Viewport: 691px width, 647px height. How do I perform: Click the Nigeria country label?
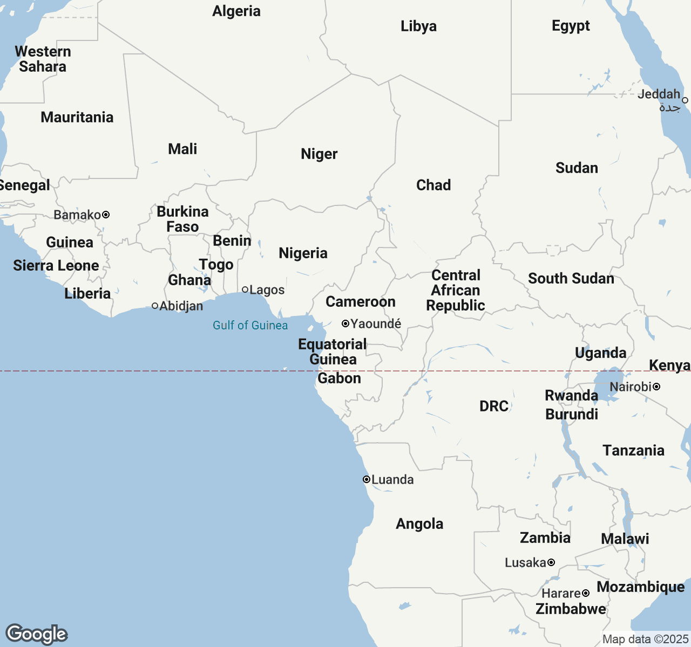pos(303,253)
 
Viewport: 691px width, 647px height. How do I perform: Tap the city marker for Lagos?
pos(245,290)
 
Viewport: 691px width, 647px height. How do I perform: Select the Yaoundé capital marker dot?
pos(345,323)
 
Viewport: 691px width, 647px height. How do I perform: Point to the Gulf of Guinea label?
pos(250,325)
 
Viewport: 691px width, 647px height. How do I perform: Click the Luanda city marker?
pos(367,479)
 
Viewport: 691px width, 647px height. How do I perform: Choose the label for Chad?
pos(433,185)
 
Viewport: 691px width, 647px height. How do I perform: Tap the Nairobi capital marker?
pos(656,387)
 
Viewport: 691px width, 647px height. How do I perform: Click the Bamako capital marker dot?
pos(106,215)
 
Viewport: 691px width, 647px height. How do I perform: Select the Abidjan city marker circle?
pos(155,306)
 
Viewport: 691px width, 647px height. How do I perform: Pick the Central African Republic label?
pos(456,291)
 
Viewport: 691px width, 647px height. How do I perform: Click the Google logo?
pos(37,634)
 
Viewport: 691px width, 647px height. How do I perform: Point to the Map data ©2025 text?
pos(645,639)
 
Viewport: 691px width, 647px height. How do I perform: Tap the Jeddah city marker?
pos(685,100)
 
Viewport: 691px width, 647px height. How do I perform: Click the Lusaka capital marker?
pos(551,562)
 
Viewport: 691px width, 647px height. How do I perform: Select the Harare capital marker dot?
pos(586,593)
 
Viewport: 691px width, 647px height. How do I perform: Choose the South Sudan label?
pos(571,279)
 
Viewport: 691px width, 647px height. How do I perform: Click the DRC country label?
pos(494,406)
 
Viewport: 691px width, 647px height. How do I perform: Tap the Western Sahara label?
pos(43,59)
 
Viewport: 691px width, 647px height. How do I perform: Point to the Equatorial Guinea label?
pos(333,352)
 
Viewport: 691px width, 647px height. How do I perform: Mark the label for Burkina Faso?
pos(182,219)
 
